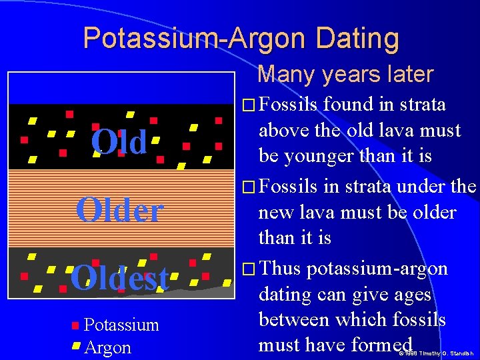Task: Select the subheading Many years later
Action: click(x=345, y=74)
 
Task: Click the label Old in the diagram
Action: click(x=119, y=142)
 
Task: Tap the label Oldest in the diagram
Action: click(x=119, y=279)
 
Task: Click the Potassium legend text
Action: click(x=121, y=325)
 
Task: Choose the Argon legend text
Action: click(x=108, y=347)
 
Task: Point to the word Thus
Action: click(x=280, y=269)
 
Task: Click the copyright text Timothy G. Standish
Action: click(x=447, y=353)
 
